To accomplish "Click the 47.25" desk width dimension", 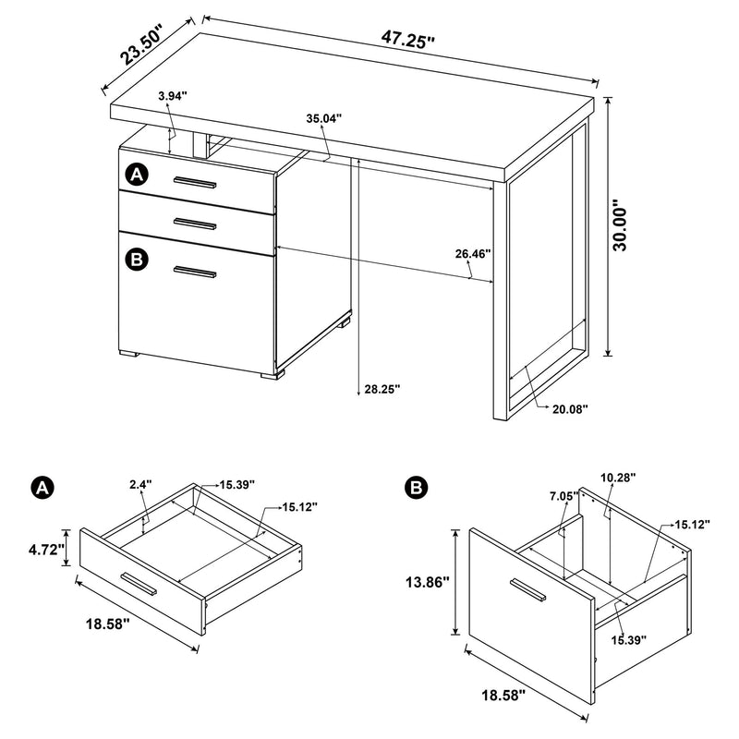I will coord(406,39).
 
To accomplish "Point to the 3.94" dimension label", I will coord(173,95).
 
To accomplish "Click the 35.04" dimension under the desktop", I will coord(324,118).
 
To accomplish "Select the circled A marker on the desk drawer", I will coord(137,174).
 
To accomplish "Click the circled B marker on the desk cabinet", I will coord(137,260).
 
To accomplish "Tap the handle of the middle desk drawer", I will coord(195,222).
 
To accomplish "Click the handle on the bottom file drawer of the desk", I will coord(195,272).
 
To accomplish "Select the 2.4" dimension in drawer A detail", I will coord(140,482).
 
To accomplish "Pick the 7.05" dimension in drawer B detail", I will coord(563,496).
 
